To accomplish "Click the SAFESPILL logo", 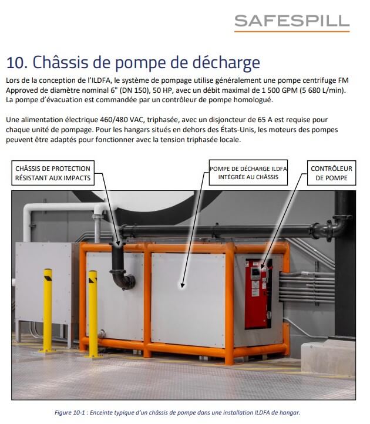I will tap(291, 22).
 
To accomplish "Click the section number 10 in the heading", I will tap(15, 62).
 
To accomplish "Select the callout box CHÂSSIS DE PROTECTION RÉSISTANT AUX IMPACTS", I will tap(53, 173).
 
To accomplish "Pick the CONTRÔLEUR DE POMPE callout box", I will tap(329, 173).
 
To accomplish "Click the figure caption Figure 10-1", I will tap(185, 413).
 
